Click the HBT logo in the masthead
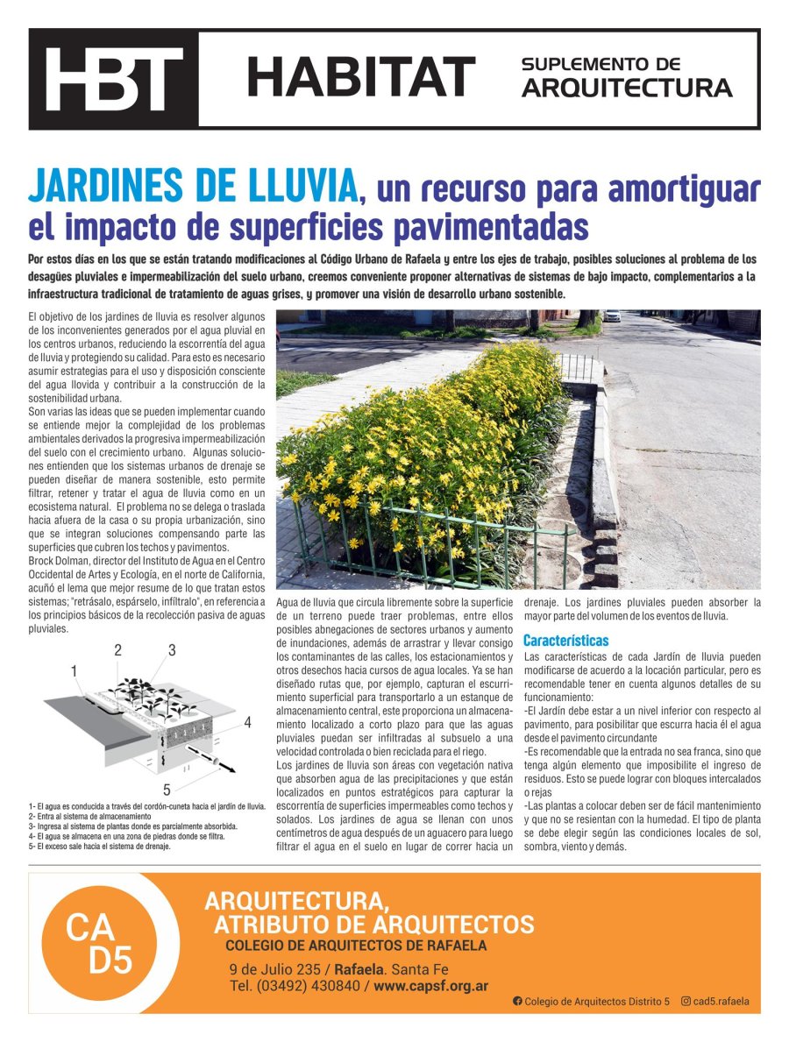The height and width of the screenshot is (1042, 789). point(114,80)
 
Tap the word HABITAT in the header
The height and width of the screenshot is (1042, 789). point(360,78)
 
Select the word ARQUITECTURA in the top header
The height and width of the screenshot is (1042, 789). point(627,89)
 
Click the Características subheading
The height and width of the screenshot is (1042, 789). point(565,641)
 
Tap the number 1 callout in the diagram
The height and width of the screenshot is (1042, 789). point(75,670)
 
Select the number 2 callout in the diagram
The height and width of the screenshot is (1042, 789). point(117,650)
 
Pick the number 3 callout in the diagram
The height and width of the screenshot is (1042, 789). point(172,650)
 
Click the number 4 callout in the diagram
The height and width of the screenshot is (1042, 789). point(248,723)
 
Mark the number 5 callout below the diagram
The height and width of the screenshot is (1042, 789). point(167,790)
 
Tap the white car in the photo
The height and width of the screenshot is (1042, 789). point(612,315)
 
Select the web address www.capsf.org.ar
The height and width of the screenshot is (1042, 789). point(431,986)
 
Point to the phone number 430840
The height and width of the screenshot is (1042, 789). point(331,986)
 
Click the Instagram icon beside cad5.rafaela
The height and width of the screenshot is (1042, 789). point(686,1001)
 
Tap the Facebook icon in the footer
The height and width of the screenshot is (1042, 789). point(517,1001)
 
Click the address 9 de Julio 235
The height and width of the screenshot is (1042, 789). point(275,969)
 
